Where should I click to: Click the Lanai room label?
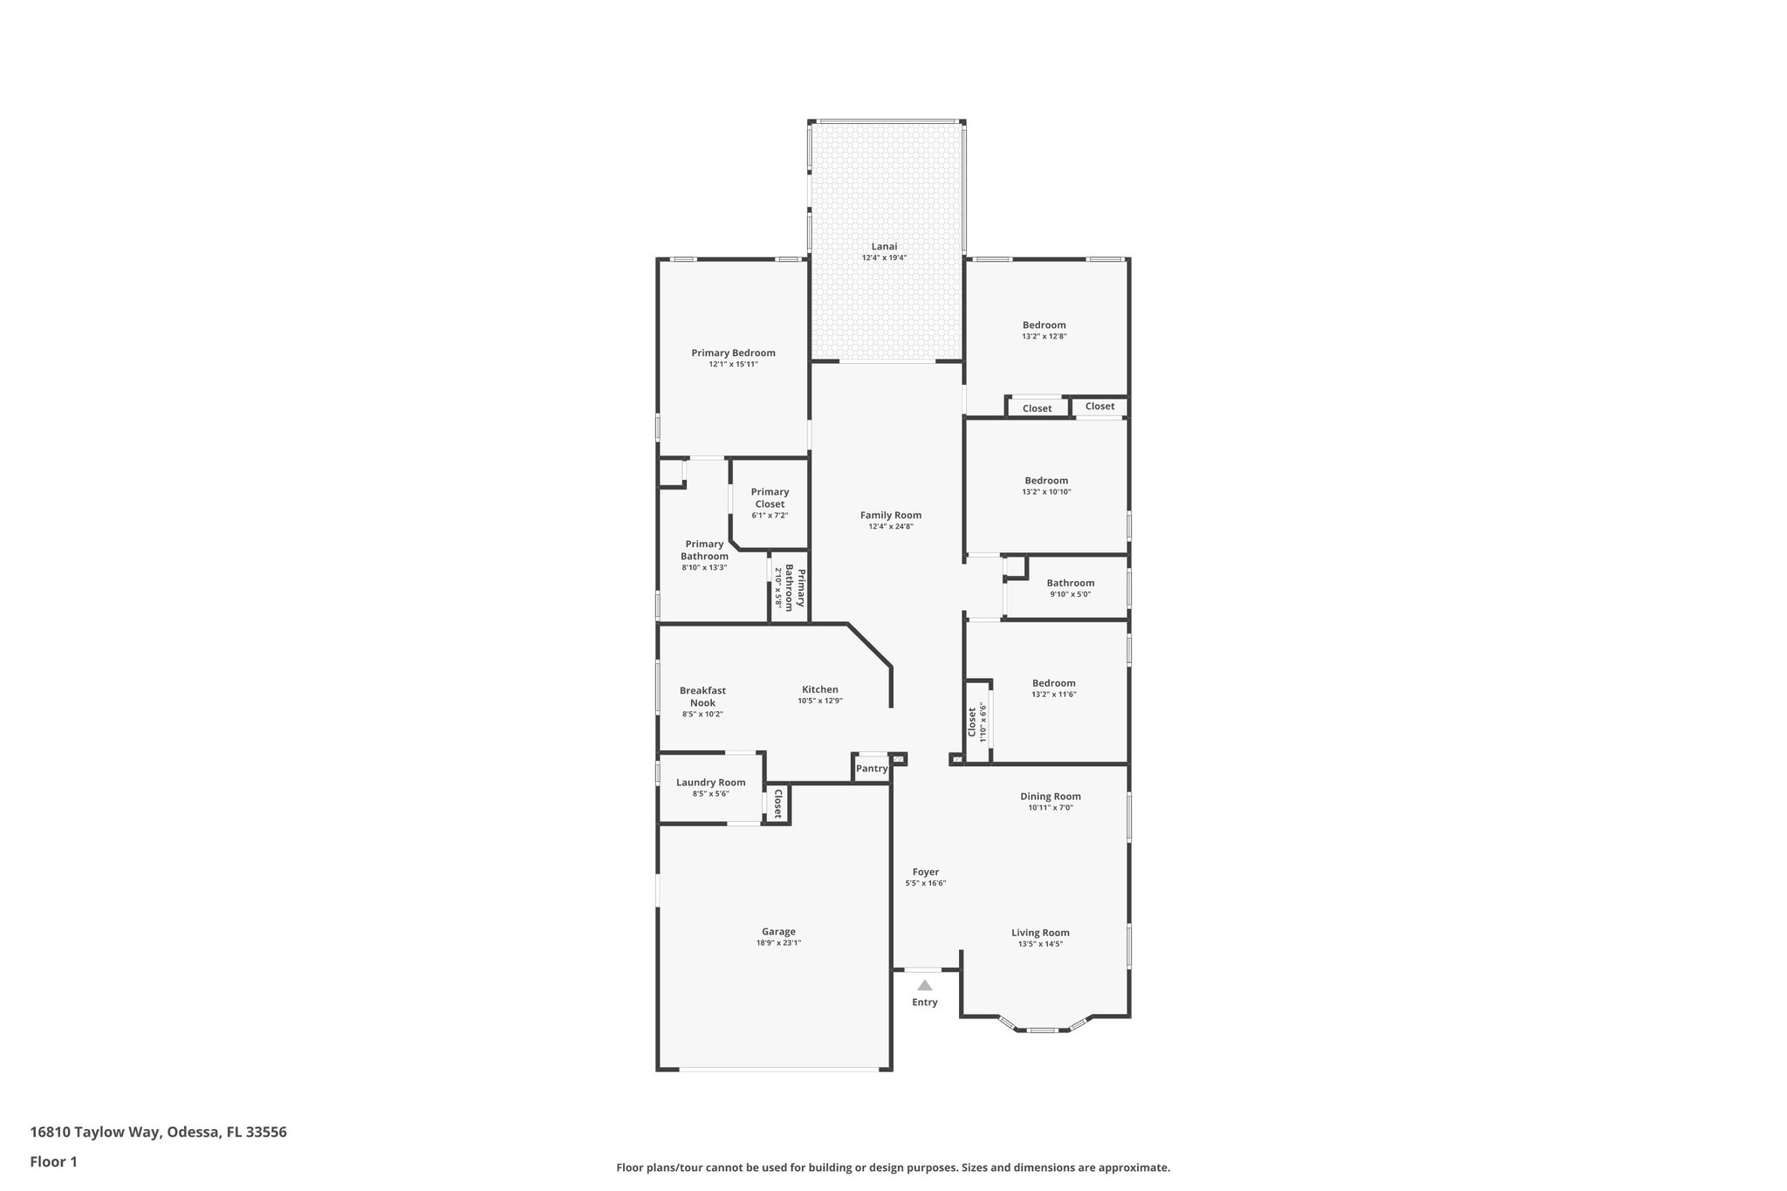coord(884,246)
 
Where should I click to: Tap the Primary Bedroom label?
coord(733,353)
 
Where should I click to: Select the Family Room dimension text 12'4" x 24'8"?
coord(890,526)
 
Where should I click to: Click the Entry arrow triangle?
coord(924,985)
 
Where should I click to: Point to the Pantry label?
coord(871,769)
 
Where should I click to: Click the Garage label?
coord(777,931)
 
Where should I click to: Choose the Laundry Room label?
coord(710,782)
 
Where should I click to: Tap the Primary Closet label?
coord(770,497)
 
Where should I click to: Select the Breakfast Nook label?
coord(702,696)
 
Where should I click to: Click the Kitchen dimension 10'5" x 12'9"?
coord(819,701)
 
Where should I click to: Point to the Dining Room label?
coord(1050,796)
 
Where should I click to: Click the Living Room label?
coord(1040,932)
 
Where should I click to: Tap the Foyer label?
coord(925,872)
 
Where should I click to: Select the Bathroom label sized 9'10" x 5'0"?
coord(1070,583)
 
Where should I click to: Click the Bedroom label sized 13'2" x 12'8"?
coord(1044,325)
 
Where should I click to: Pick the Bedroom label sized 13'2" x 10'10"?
coord(1045,480)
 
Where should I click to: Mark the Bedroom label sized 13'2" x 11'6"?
coord(1053,683)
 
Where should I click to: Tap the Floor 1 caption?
coord(53,1161)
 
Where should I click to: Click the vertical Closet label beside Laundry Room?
coord(777,804)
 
